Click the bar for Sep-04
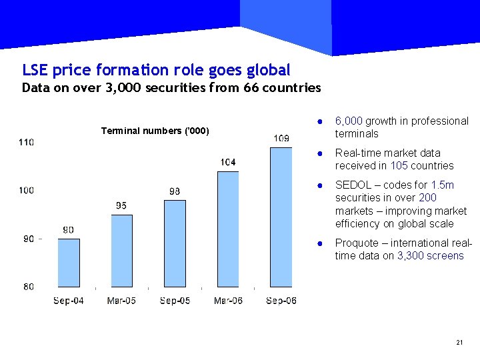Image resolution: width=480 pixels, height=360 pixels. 69,263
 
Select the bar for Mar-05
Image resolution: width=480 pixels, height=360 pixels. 121,251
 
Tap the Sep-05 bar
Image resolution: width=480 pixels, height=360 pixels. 175,243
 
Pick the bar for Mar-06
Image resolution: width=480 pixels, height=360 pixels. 228,229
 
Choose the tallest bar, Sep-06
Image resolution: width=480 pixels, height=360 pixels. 281,217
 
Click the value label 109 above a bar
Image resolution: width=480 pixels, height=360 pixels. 281,138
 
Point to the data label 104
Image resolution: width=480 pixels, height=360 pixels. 228,162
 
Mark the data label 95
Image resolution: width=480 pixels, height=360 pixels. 121,205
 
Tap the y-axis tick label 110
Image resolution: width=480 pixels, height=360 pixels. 27,142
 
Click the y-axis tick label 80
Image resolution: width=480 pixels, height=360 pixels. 29,287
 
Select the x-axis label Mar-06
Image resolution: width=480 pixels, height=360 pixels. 228,301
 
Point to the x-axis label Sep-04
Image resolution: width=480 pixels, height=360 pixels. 69,301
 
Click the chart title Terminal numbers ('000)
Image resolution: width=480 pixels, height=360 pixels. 155,131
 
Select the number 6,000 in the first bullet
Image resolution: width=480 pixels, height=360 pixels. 349,121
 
